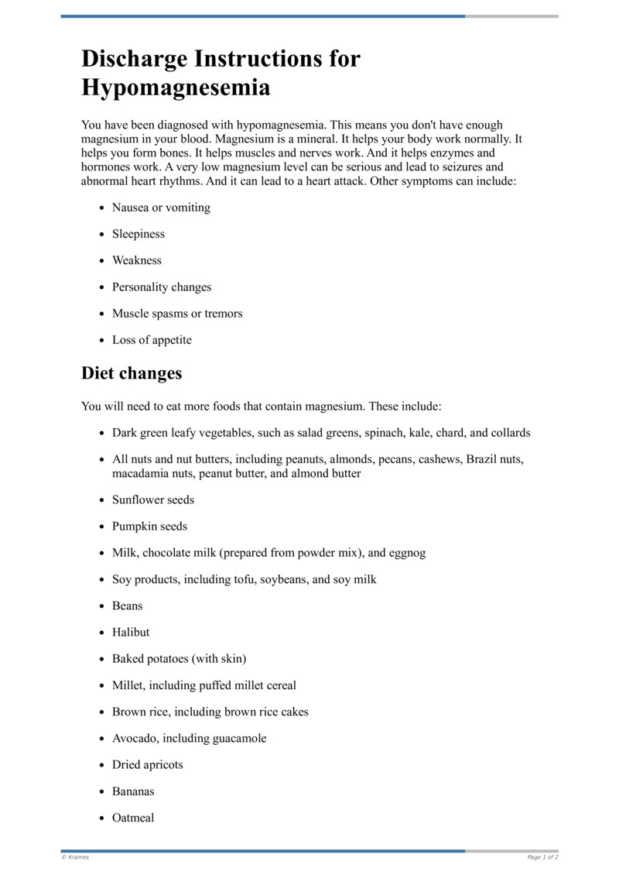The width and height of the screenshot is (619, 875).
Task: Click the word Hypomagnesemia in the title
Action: pyautogui.click(x=176, y=87)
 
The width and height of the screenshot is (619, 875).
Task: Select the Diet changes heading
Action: pyautogui.click(x=132, y=373)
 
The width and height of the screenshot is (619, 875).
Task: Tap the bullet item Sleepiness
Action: pyautogui.click(x=139, y=234)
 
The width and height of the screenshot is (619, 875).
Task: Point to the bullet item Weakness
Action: pyautogui.click(x=137, y=260)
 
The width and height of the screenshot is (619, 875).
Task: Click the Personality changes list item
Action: pyautogui.click(x=162, y=287)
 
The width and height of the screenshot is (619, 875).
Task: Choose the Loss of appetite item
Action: pyautogui.click(x=152, y=340)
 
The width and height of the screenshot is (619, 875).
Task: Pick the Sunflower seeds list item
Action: pyautogui.click(x=153, y=499)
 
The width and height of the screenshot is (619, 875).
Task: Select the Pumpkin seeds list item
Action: pyautogui.click(x=149, y=527)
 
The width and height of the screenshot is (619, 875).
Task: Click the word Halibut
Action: pyautogui.click(x=131, y=632)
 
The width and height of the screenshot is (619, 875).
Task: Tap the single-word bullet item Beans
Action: pyautogui.click(x=128, y=606)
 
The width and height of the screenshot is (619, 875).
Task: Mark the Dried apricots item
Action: pyautogui.click(x=148, y=764)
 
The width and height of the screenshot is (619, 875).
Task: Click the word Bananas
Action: pyautogui.click(x=133, y=791)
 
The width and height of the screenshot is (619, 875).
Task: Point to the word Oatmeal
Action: pyautogui.click(x=133, y=818)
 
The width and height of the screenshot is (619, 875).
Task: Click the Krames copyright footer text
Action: pyautogui.click(x=75, y=857)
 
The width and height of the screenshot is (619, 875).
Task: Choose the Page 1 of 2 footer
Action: pyautogui.click(x=542, y=857)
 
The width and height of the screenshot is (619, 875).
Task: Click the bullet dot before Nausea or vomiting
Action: pyautogui.click(x=102, y=208)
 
